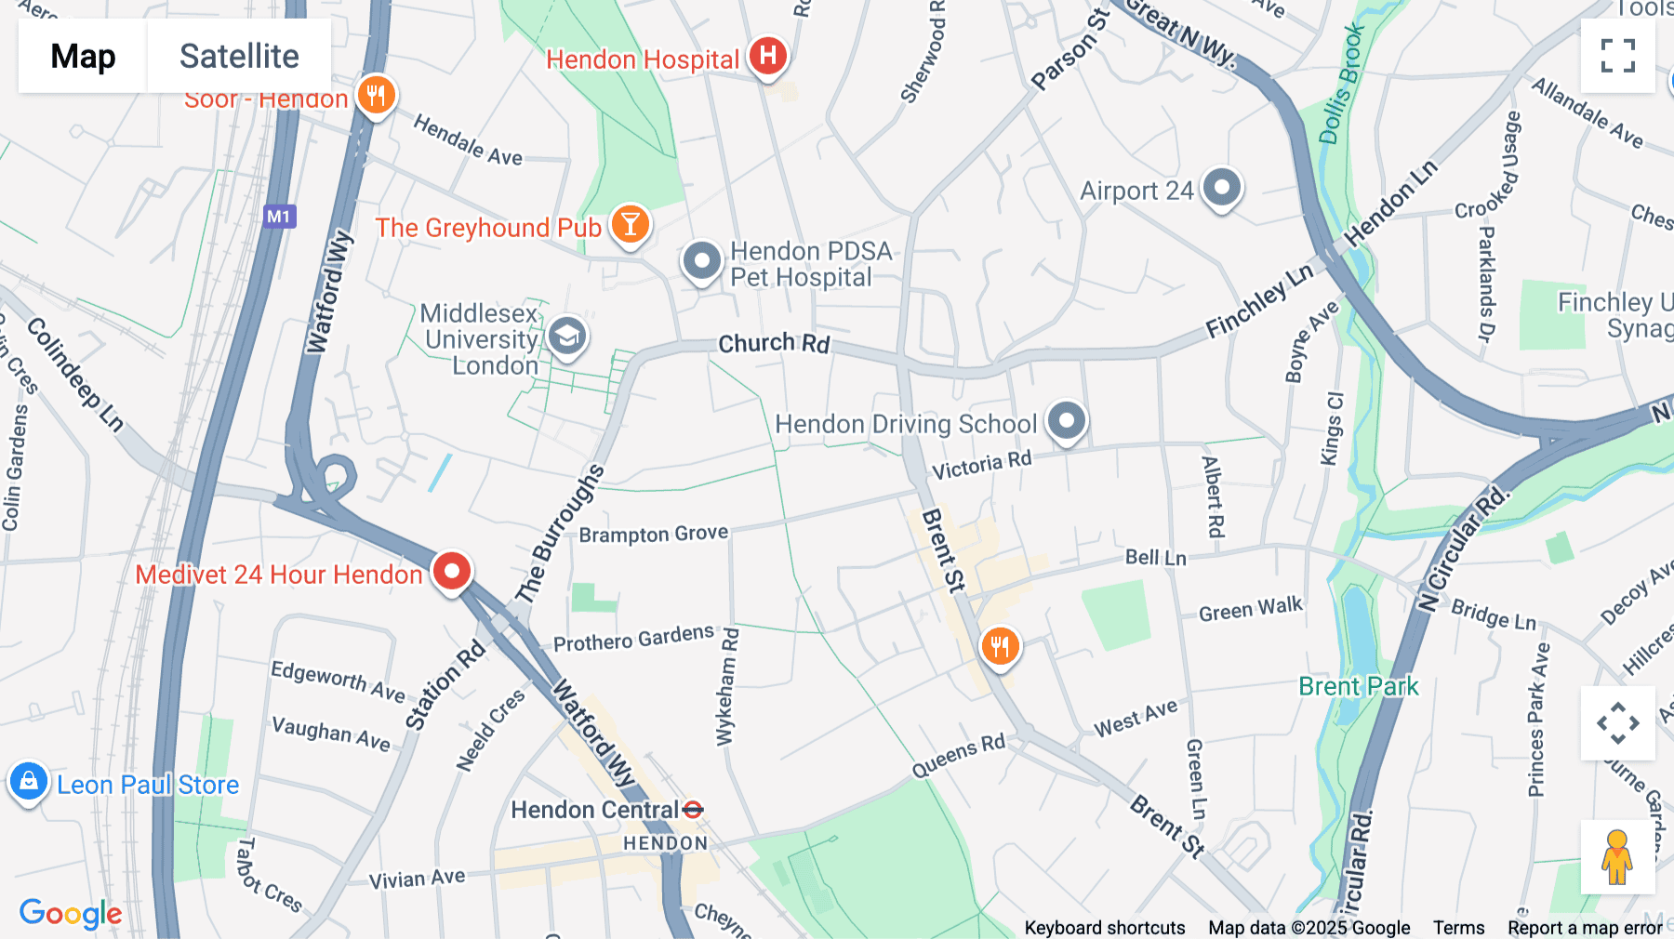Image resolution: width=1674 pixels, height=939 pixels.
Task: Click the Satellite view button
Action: (x=239, y=56)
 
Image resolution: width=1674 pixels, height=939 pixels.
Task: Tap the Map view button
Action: (x=83, y=56)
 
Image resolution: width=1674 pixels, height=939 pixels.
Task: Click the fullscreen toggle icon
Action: (x=1617, y=56)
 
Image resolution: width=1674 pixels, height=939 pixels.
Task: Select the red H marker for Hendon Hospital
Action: (x=767, y=56)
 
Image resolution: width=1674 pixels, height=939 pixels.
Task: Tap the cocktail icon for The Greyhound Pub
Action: (x=630, y=224)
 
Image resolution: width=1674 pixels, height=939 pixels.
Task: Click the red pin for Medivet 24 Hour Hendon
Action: (x=452, y=570)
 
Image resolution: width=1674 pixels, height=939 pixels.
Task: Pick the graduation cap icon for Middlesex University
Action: (x=566, y=336)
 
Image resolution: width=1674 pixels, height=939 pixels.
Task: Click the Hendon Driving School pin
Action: (x=1067, y=420)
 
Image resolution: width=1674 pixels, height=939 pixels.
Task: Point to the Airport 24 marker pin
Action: (x=1221, y=187)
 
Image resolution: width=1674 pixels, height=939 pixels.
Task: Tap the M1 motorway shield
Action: (x=279, y=217)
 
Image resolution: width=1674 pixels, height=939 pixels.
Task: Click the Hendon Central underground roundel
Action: (x=693, y=810)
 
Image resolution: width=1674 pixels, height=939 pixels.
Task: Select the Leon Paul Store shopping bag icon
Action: (x=29, y=782)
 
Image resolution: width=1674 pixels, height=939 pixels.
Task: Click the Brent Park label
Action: (x=1358, y=686)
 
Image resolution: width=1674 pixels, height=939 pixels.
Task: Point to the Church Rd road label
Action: (x=774, y=343)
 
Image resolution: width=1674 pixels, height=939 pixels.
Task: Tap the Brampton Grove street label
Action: (x=653, y=534)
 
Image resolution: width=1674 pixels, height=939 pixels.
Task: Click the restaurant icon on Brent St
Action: (x=1000, y=644)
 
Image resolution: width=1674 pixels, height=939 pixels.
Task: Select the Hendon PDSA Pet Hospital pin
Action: (x=702, y=260)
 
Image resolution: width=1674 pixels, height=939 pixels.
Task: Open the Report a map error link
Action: (x=1585, y=928)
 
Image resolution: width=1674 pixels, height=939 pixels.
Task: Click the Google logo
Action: (x=71, y=913)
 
